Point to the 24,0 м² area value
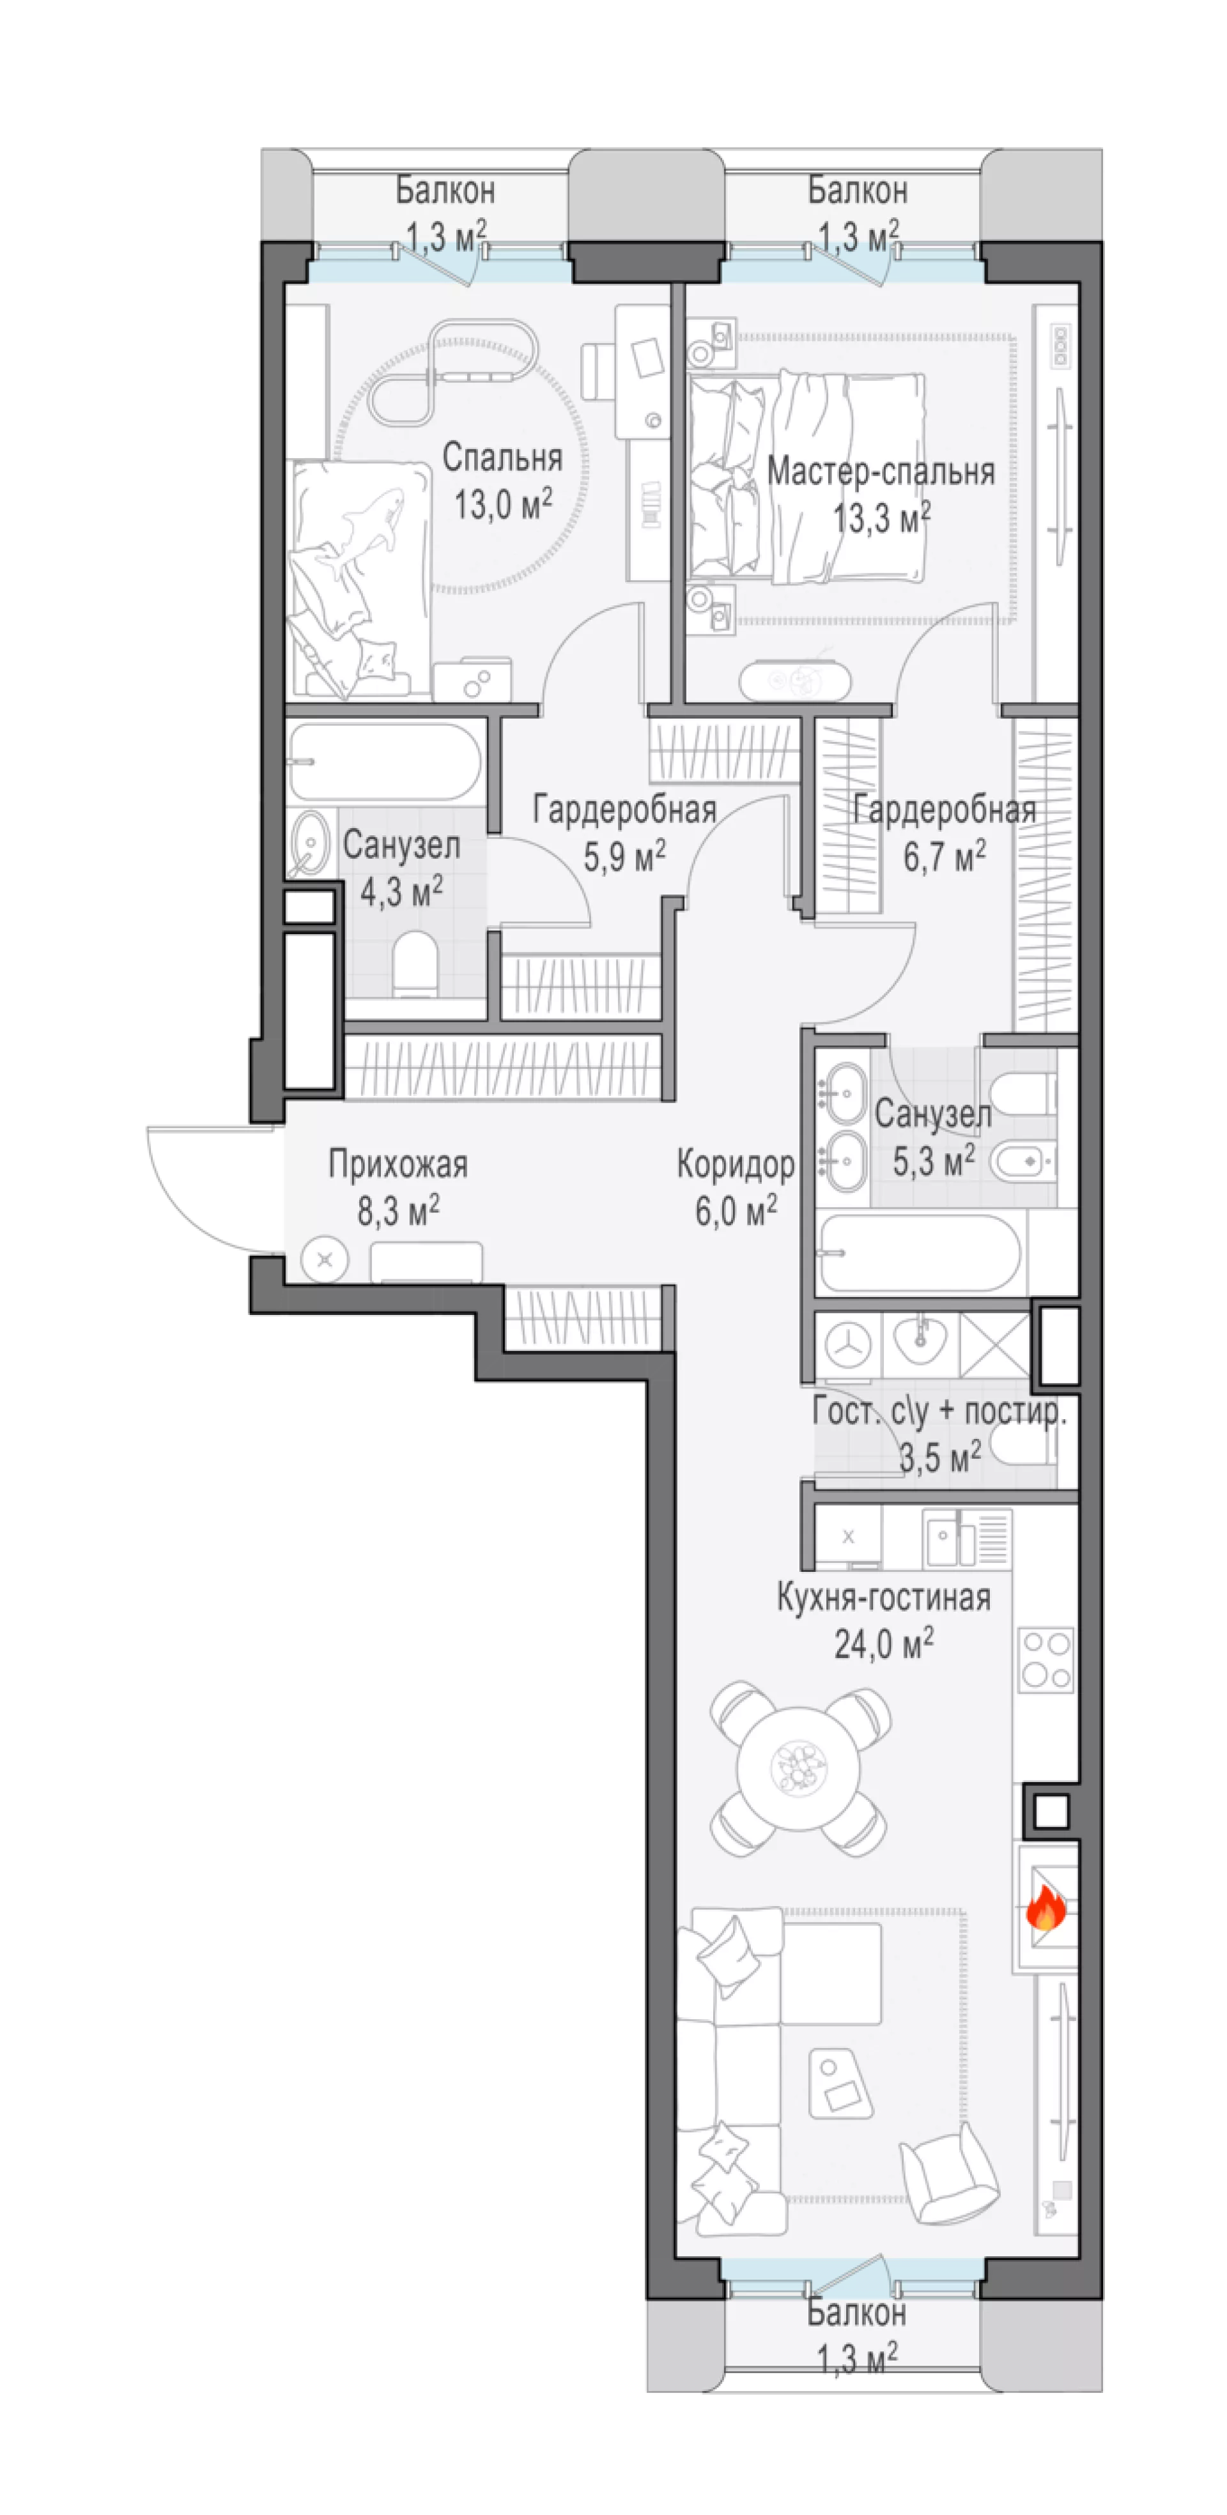pyautogui.click(x=883, y=1643)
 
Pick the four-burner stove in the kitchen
pyautogui.click(x=1046, y=1659)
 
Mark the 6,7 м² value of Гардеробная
pyautogui.click(x=944, y=856)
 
